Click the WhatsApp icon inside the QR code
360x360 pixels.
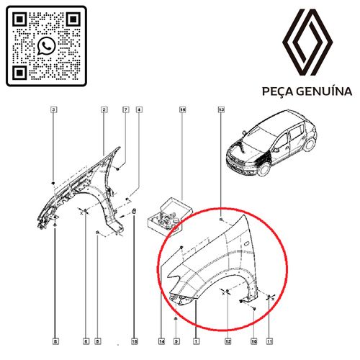tap(46, 45)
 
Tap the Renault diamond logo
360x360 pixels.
tap(307, 42)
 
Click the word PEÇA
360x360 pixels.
tap(278, 91)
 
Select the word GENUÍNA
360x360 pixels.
tap(324, 91)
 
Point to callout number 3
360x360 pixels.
tap(54, 110)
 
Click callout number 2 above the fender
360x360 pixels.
tap(104, 110)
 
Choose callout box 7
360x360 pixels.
tap(126, 110)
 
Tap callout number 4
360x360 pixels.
tap(139, 110)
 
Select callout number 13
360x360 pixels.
tap(221, 110)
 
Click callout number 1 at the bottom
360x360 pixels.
tap(197, 341)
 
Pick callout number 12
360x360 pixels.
tap(228, 341)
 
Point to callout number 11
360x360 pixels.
tap(269, 341)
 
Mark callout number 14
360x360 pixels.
tap(161, 341)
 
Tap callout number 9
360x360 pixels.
tap(176, 341)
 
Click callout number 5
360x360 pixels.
tap(97, 341)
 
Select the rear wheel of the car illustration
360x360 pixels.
tap(310, 144)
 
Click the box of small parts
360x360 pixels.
tap(170, 215)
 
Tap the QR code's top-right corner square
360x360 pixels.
tap(73, 19)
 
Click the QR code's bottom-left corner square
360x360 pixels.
tap(19, 73)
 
